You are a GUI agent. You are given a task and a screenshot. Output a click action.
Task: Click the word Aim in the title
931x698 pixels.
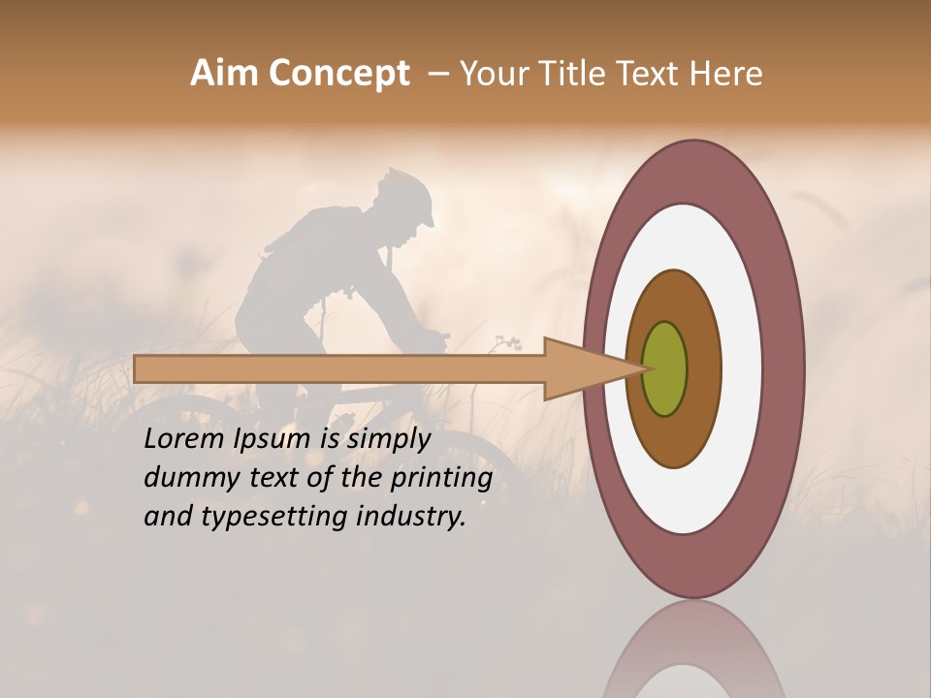click(x=224, y=74)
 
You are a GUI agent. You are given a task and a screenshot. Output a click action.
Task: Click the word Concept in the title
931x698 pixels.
click(x=338, y=74)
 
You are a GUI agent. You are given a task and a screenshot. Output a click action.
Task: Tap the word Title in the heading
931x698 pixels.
click(x=578, y=74)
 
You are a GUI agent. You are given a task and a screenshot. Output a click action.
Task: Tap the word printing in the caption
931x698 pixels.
click(x=440, y=479)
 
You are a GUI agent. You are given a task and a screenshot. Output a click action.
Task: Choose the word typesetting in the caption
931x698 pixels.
click(x=273, y=517)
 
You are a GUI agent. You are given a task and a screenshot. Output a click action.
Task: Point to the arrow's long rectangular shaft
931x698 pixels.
click(x=339, y=368)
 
